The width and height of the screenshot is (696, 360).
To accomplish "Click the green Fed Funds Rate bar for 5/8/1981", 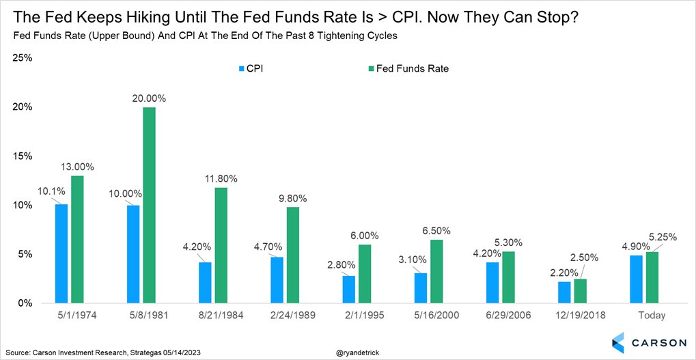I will pyautogui.click(x=150, y=205).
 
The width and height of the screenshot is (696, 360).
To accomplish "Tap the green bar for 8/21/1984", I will pyautogui.click(x=221, y=245).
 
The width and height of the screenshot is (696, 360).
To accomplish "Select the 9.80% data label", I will pyautogui.click(x=292, y=199).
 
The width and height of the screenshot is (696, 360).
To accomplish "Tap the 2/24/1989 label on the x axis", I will pyautogui.click(x=287, y=316).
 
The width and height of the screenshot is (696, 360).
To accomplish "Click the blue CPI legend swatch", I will pyautogui.click(x=241, y=68).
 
